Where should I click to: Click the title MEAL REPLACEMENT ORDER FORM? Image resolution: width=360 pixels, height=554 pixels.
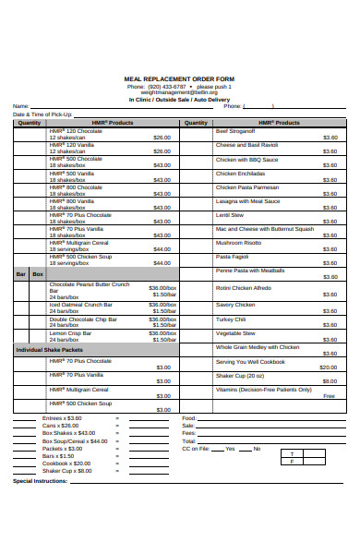(x=179, y=80)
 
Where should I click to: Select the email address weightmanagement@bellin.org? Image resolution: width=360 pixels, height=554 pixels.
(x=179, y=92)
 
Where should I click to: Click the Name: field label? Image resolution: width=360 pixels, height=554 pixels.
(x=20, y=106)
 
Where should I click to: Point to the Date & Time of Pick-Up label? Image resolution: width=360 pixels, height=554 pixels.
(x=42, y=114)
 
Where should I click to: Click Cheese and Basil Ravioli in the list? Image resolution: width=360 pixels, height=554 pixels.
(x=246, y=145)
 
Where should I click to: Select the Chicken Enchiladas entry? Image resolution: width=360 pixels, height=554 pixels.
(x=240, y=173)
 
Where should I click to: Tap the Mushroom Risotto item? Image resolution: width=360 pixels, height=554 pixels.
(x=238, y=242)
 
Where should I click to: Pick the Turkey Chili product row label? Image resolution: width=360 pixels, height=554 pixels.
(x=231, y=319)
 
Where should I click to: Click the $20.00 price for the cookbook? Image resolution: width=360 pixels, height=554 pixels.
(x=328, y=367)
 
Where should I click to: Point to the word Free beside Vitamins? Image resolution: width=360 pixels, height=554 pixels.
(x=329, y=395)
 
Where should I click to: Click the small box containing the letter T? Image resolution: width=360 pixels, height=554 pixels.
(x=292, y=454)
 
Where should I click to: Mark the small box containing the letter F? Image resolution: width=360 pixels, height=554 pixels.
(x=292, y=462)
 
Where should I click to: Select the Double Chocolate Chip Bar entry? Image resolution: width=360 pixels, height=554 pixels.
(x=82, y=319)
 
